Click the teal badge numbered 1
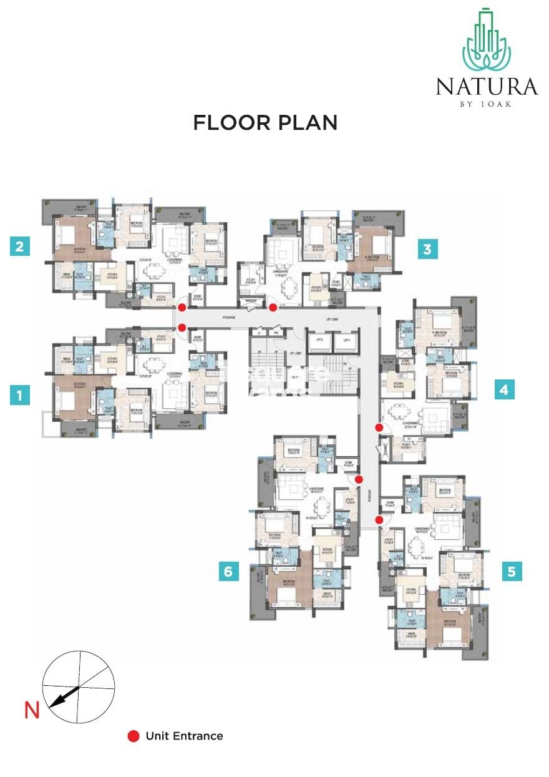[x=20, y=395]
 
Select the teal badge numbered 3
[x=427, y=250]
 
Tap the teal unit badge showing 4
[x=504, y=390]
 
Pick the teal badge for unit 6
[x=229, y=570]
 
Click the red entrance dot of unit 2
[x=182, y=308]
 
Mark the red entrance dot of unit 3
[x=273, y=308]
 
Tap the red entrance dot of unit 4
[x=379, y=428]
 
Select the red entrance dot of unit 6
[x=359, y=479]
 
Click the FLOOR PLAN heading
[x=265, y=122]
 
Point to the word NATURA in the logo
[x=487, y=86]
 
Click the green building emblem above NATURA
[x=487, y=41]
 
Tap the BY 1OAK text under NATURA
[x=487, y=104]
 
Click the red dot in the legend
[x=133, y=736]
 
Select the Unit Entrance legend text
[x=184, y=736]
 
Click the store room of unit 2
[x=198, y=298]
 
